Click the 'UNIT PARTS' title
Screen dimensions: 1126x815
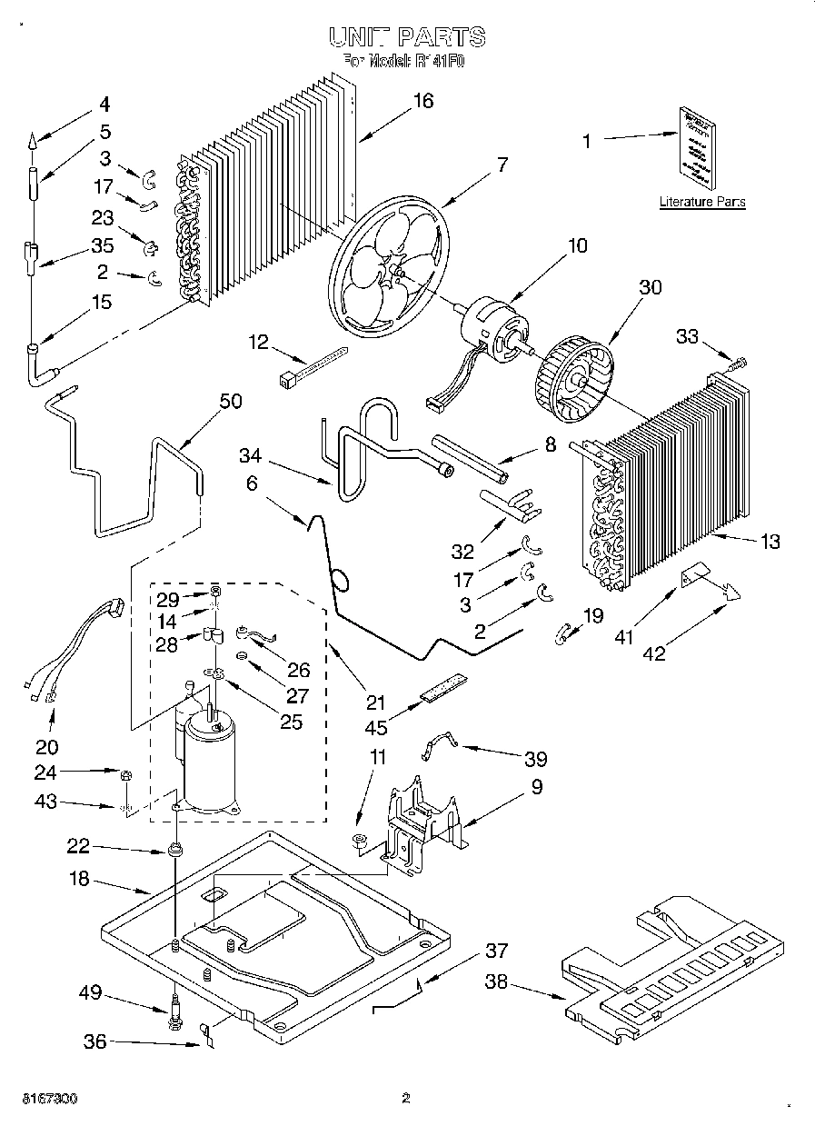coord(406,36)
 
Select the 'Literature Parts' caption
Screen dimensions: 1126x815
coord(701,202)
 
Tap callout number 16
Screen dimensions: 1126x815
coord(422,101)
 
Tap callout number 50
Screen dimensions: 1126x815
coord(231,401)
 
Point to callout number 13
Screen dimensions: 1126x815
coord(770,543)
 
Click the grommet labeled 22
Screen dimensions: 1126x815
coord(173,852)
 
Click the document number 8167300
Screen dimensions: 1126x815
coord(43,1099)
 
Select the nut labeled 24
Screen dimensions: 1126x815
coord(127,774)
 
